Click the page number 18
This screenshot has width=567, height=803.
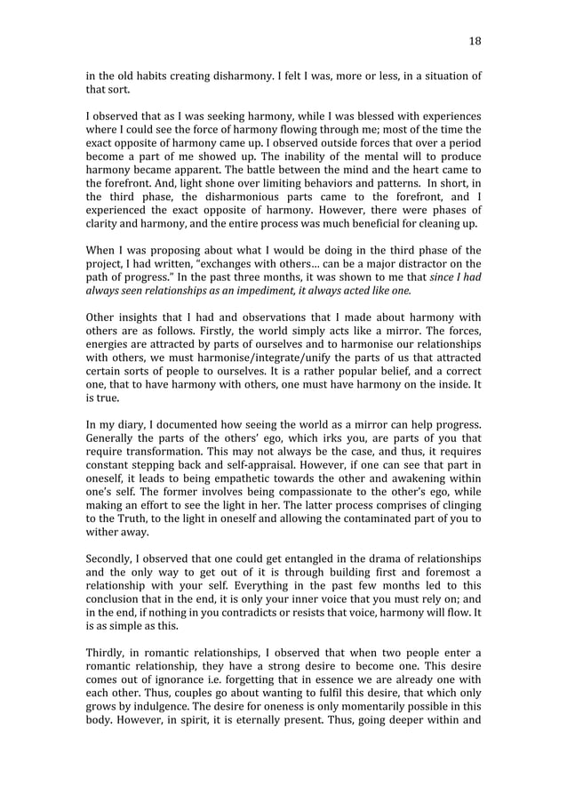pos(475,41)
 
